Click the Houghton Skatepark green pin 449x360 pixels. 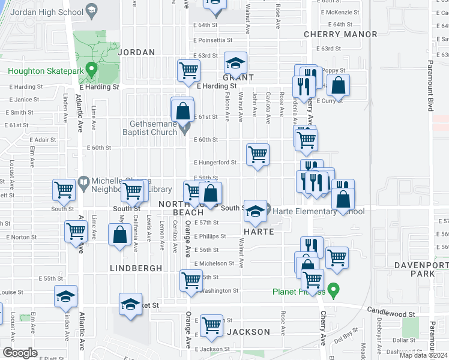(91, 70)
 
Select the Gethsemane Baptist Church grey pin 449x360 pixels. (185, 127)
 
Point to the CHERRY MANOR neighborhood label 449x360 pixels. (340, 34)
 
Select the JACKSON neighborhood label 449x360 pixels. (249, 332)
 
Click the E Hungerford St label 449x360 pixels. (215, 162)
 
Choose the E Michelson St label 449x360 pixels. (214, 263)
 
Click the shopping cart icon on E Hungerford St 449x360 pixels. (258, 154)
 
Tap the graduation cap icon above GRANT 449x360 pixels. (236, 62)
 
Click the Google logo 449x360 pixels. (20, 353)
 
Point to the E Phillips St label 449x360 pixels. (210, 236)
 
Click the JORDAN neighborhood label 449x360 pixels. (137, 52)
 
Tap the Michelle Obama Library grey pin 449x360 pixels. (83, 181)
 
